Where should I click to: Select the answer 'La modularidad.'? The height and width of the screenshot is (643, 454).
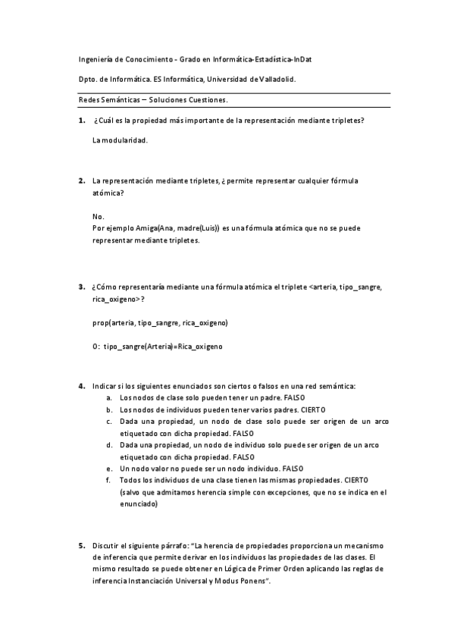click(119, 141)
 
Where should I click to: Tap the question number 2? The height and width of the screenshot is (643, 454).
click(81, 182)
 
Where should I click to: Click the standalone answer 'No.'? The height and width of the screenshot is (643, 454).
click(98, 216)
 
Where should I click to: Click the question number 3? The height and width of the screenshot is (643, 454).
click(81, 287)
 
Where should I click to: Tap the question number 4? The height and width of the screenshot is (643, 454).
click(81, 386)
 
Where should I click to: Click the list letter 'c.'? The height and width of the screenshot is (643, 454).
click(110, 422)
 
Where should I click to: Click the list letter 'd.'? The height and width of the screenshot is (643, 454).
click(110, 445)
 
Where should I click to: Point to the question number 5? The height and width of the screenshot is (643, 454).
click(81, 545)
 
